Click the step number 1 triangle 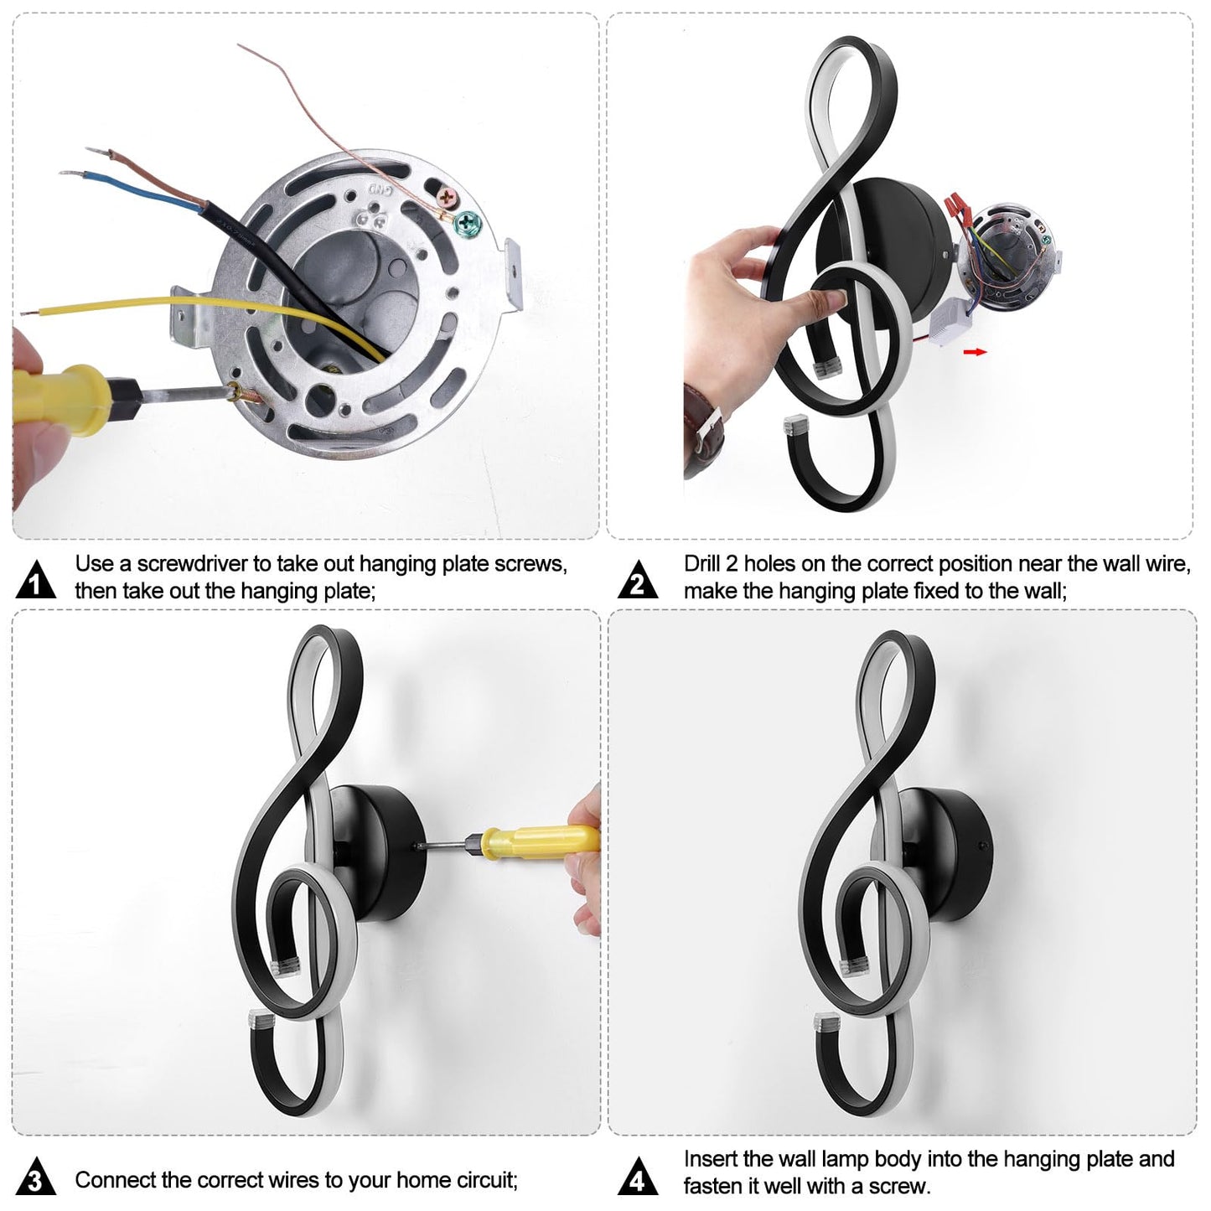click(x=36, y=581)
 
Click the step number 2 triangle click(x=638, y=581)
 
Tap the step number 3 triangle click(x=36, y=1177)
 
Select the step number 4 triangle click(x=638, y=1177)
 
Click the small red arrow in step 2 click(x=975, y=352)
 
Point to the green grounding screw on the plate click(x=468, y=220)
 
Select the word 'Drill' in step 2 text click(x=701, y=564)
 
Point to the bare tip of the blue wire click(x=72, y=173)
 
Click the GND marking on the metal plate click(x=380, y=189)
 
